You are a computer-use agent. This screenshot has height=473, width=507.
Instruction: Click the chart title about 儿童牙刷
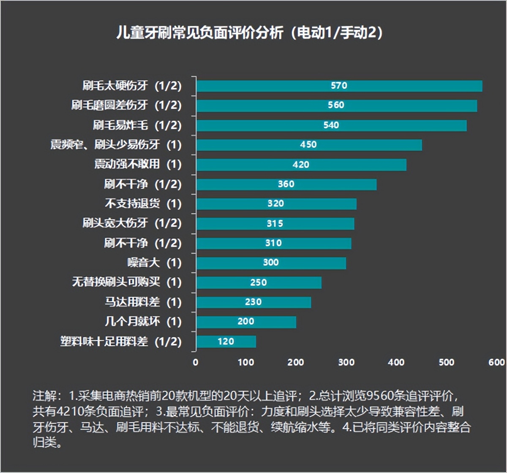click(x=249, y=33)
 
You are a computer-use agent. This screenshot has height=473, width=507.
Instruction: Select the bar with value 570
click(x=339, y=86)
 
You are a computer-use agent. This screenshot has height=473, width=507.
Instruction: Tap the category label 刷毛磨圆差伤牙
click(x=126, y=105)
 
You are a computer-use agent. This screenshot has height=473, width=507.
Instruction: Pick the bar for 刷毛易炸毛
click(x=331, y=125)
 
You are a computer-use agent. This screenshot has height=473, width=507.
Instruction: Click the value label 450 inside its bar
click(x=308, y=145)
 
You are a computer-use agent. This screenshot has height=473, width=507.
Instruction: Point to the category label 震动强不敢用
click(x=137, y=164)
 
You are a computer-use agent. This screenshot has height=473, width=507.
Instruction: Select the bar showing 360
click(x=286, y=184)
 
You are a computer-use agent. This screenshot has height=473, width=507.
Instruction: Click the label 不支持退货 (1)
click(x=143, y=203)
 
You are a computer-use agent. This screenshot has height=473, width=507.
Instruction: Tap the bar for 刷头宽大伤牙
click(x=275, y=223)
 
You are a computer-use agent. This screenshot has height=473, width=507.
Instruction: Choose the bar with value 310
click(x=273, y=243)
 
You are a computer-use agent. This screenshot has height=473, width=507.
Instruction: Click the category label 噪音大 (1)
click(x=154, y=263)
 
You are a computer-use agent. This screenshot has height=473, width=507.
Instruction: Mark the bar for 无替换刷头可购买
click(x=258, y=283)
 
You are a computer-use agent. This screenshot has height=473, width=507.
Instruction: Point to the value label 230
click(x=253, y=302)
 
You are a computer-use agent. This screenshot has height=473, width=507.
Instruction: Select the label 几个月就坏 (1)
click(x=143, y=322)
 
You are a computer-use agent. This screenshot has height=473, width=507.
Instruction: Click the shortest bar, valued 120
click(x=226, y=341)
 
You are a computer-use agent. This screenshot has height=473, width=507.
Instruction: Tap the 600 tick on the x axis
click(x=496, y=362)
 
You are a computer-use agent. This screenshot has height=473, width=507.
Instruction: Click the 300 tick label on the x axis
click(x=346, y=362)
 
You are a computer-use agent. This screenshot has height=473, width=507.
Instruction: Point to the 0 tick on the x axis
click(x=196, y=362)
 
